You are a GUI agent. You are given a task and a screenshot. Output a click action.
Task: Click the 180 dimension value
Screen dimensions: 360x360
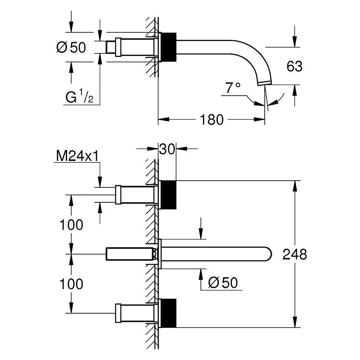pyautogui.click(x=211, y=120)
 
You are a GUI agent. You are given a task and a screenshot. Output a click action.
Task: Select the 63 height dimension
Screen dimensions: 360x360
pyautogui.click(x=294, y=66)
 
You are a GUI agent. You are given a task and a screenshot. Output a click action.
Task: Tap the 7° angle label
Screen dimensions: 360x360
pyautogui.click(x=233, y=87)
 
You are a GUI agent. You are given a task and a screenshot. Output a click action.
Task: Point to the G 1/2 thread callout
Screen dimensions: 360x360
pyautogui.click(x=79, y=96)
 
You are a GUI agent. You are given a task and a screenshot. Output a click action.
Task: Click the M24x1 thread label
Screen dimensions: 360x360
pyautogui.click(x=77, y=156)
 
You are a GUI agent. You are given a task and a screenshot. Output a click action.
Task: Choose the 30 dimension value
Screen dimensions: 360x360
pyautogui.click(x=167, y=149)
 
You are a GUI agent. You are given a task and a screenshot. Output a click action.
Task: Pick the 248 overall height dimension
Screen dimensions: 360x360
pyautogui.click(x=294, y=255)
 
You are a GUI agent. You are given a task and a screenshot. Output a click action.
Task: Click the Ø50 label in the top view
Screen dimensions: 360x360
pyautogui.click(x=71, y=47)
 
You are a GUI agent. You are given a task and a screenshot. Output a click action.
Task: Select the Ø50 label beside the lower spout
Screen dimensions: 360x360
pyautogui.click(x=223, y=282)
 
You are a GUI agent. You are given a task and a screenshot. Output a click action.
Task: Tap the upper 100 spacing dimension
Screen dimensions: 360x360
pyautogui.click(x=71, y=225)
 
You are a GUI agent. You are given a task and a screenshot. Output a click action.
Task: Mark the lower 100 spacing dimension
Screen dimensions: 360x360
pyautogui.click(x=71, y=284)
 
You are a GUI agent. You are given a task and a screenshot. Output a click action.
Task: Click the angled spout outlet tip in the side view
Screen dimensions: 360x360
pyautogui.click(x=265, y=84)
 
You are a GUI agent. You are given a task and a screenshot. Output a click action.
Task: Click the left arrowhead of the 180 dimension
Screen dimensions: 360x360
pyautogui.click(x=164, y=120)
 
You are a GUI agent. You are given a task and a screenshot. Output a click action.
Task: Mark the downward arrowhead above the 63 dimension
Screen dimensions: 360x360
pyautogui.click(x=295, y=42)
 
